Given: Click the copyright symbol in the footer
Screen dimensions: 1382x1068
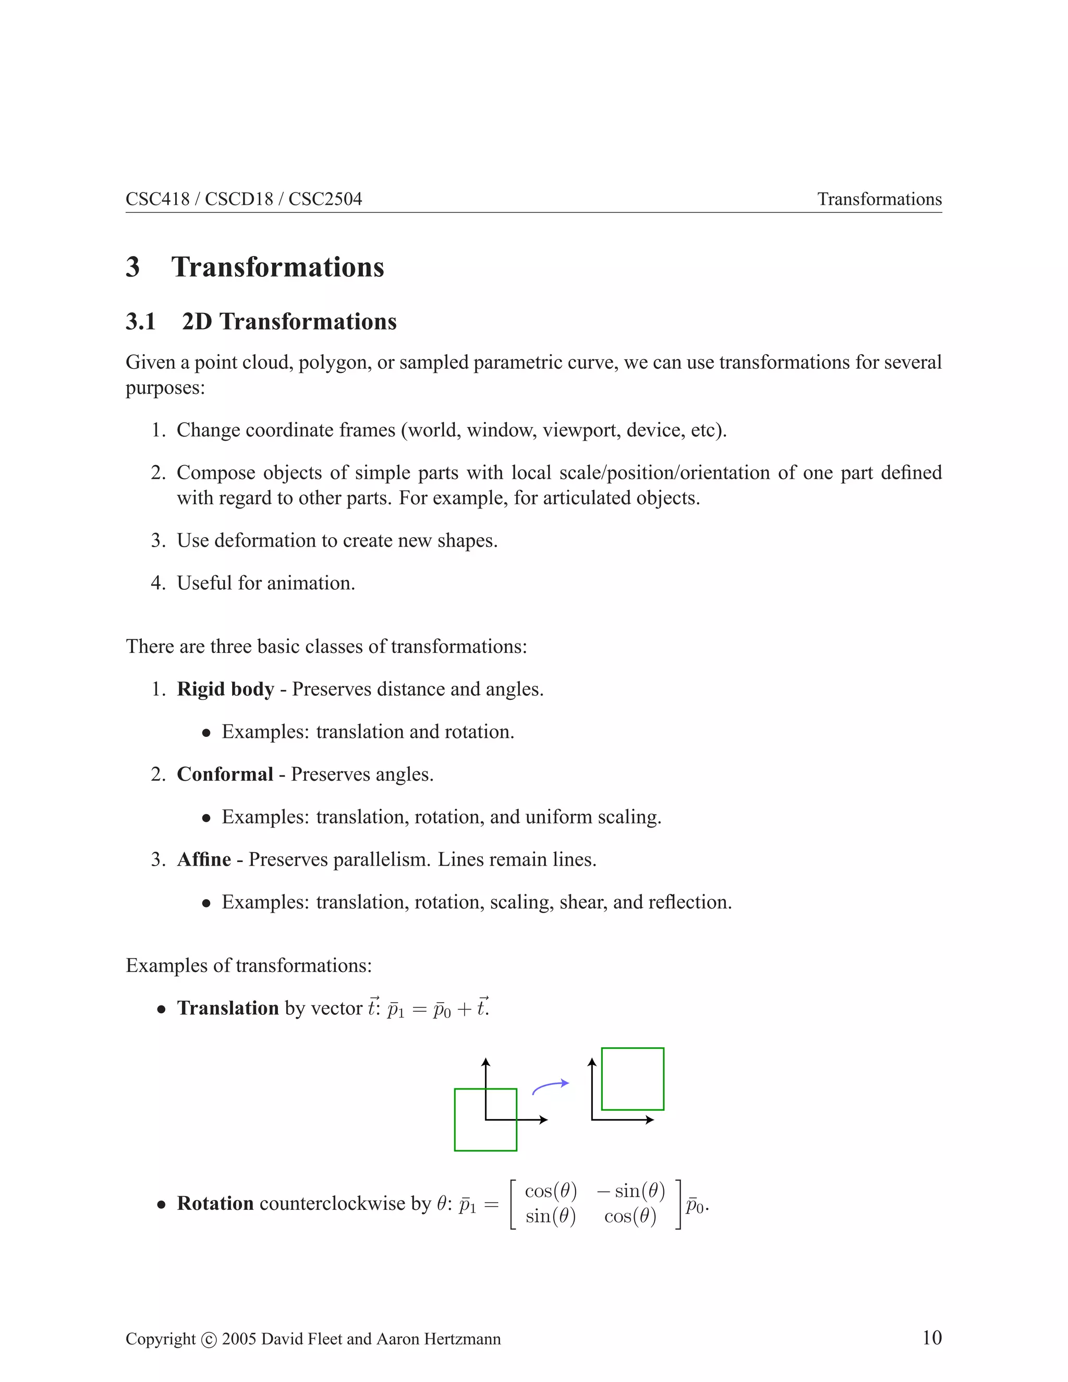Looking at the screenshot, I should [209, 1340].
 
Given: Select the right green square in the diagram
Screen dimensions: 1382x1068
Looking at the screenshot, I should [632, 1079].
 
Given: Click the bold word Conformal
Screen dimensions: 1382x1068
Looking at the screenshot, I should [225, 774].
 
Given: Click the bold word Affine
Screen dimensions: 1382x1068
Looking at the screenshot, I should [204, 859].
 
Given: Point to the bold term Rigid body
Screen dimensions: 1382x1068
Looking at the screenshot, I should [225, 689].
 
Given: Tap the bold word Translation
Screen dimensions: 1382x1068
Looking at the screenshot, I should [228, 1008].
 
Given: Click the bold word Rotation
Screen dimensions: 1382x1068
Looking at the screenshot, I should [215, 1203].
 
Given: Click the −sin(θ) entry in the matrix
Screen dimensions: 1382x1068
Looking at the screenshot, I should [631, 1191].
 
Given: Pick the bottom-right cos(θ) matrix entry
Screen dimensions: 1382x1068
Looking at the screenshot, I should [630, 1216].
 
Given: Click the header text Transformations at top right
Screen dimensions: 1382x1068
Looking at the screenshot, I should [879, 199].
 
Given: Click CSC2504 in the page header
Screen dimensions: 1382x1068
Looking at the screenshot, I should [325, 199].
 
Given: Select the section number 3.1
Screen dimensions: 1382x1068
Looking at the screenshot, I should [140, 321].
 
